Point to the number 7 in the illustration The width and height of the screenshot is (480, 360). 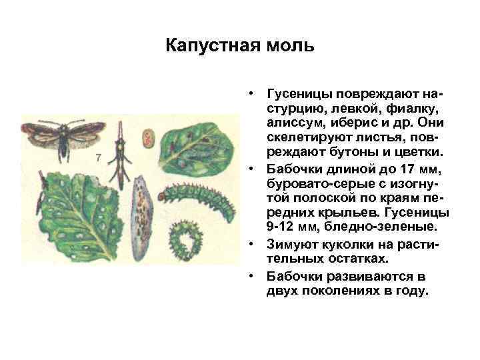coord(99,158)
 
